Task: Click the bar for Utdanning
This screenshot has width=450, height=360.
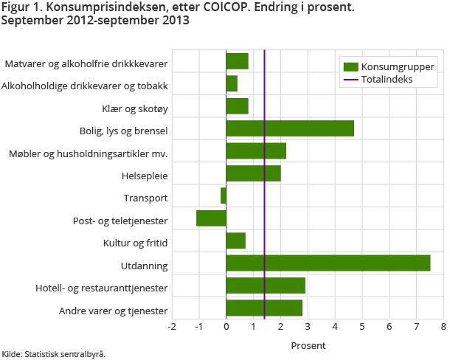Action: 328,263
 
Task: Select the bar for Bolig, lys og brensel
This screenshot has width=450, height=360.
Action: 290,128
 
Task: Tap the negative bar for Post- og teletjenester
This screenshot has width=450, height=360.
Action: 211,218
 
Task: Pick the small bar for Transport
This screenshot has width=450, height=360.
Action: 224,195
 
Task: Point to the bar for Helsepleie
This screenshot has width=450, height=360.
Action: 253,173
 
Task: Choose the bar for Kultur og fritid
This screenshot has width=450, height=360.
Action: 235,241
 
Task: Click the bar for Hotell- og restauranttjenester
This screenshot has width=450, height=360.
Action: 266,285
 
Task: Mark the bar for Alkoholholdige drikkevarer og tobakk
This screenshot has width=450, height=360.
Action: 232,83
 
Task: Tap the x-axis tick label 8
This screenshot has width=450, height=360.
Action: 443,326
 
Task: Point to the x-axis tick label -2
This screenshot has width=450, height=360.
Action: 171,326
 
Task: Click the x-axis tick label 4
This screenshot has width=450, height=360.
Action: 335,326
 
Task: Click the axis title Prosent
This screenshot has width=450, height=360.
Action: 308,345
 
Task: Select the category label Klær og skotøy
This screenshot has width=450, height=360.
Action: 135,109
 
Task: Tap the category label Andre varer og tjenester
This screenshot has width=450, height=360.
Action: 114,311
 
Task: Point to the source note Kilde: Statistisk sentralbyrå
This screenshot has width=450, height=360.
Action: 53,354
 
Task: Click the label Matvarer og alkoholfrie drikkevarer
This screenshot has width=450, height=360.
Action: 86,64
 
